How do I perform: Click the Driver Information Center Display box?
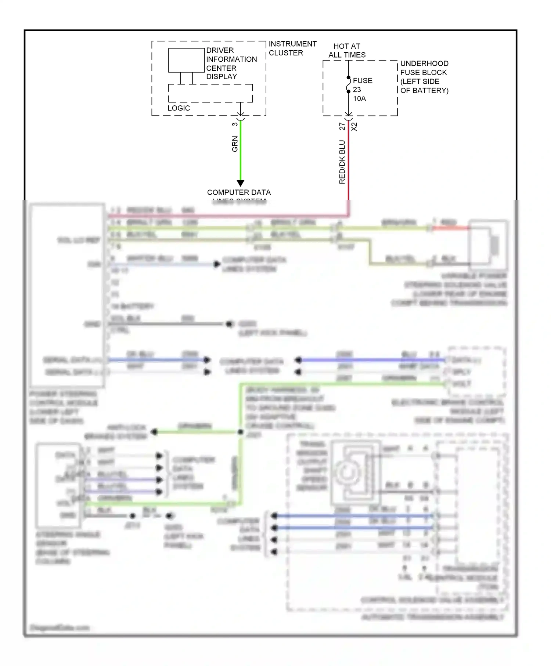186,60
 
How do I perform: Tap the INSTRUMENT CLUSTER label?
292,48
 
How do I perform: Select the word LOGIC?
179,108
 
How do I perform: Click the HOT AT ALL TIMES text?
347,51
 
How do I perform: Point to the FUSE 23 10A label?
362,90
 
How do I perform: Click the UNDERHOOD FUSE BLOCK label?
424,77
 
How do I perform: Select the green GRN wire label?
235,144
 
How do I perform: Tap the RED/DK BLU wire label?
342,162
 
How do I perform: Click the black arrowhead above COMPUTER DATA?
241,183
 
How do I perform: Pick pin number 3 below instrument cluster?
235,124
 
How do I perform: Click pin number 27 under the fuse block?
342,126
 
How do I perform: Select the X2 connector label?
354,127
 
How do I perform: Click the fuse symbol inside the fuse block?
348,85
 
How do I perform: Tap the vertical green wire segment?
241,154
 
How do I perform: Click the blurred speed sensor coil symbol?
346,473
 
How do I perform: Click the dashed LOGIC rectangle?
210,93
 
